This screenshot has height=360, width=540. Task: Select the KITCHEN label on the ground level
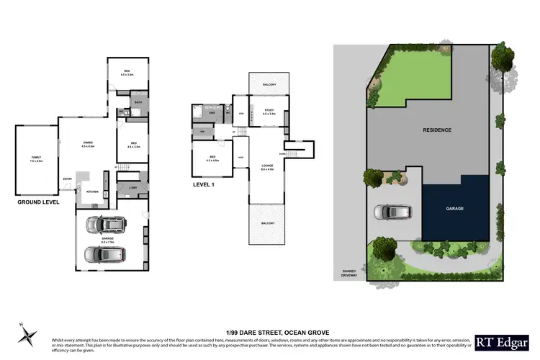[x=92, y=192]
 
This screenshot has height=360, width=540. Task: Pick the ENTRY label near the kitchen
[x=68, y=179]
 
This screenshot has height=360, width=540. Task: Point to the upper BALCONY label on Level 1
[x=270, y=85]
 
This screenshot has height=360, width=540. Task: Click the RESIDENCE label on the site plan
[x=437, y=130]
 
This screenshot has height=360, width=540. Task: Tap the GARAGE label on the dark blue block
[x=455, y=208]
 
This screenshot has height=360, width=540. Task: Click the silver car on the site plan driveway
[x=393, y=212]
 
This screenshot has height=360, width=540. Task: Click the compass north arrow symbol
[x=28, y=334]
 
